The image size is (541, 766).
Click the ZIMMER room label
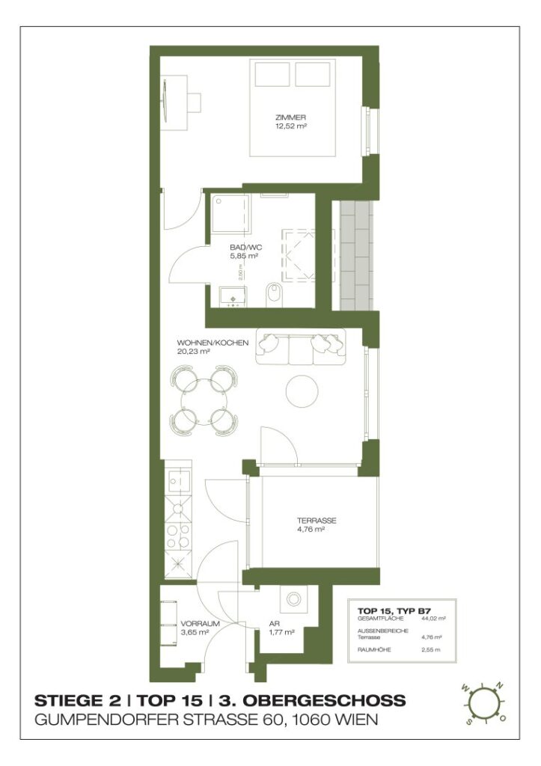[291, 117]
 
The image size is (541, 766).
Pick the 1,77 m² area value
[281, 632]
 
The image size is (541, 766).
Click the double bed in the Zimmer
[291, 108]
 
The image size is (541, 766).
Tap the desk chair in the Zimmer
[195, 102]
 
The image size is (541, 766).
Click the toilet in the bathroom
[274, 294]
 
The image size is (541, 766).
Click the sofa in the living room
[300, 346]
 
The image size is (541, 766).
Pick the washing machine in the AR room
[293, 600]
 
